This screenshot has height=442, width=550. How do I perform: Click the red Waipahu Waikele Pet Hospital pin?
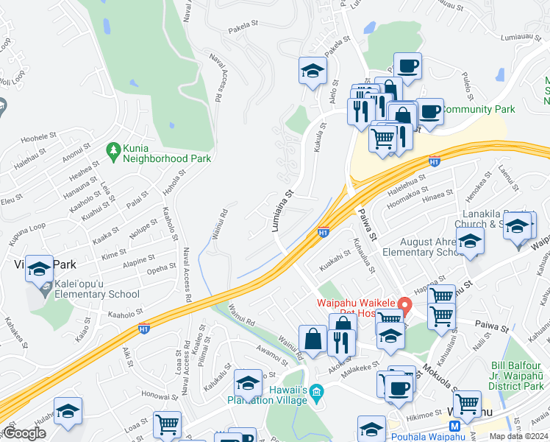coord(404,304)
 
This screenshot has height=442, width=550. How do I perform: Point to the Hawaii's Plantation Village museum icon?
coord(316,390)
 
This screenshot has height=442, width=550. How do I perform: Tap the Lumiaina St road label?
coord(283,209)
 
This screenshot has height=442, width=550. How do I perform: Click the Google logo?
coord(24,434)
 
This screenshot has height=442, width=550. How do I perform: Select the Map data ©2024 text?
coord(518,436)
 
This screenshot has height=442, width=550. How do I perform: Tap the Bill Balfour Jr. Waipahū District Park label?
coord(519,376)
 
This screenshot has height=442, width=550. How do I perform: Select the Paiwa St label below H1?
coord(367,224)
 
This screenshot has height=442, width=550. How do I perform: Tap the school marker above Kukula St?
coord(312,71)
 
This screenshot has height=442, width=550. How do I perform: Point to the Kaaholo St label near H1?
coord(124,315)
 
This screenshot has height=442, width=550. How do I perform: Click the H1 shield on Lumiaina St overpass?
coord(323,233)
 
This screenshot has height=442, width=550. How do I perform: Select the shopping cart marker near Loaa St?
coord(168,424)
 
